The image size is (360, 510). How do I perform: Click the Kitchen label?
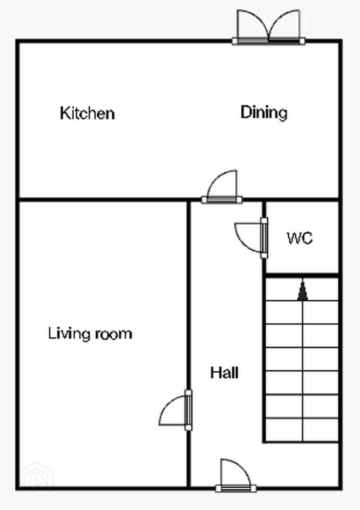tap(87, 113)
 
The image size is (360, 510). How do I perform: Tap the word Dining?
tap(264, 112)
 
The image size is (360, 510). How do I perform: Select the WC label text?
tap(300, 238)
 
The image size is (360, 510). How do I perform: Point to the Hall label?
tap(224, 373)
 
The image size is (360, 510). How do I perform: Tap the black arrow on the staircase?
tap(302, 290)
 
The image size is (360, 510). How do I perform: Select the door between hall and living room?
tap(176, 410)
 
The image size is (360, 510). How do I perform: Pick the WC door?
tap(251, 238)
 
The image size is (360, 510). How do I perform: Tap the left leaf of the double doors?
tap(252, 26)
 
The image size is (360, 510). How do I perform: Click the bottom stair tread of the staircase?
tap(302, 430)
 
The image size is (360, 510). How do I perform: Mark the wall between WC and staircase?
tap(302, 275)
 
